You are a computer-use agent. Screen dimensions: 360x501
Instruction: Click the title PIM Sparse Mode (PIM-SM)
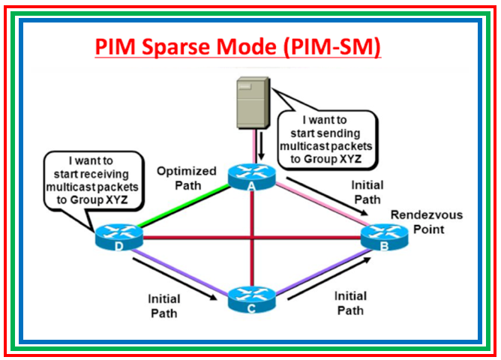coord(238,47)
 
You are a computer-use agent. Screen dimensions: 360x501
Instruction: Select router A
coord(250,175)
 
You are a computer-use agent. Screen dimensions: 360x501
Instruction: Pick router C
coord(250,298)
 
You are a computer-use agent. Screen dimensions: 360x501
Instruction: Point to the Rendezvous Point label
coord(425,221)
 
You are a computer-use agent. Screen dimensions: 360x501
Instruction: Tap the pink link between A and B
coord(315,206)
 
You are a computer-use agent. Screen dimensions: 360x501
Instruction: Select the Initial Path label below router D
coord(163,306)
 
